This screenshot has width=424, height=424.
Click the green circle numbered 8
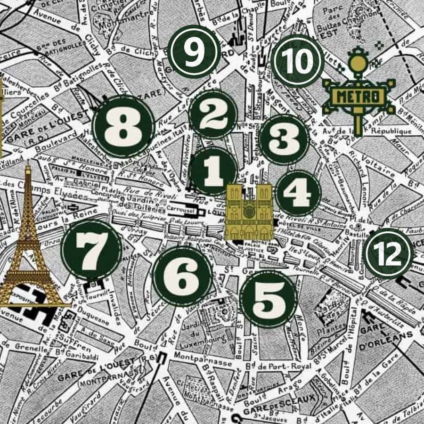coord(123,126)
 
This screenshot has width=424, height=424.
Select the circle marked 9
coord(194,52)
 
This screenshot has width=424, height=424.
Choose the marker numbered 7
coord(182,276)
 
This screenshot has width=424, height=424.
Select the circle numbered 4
coord(298,193)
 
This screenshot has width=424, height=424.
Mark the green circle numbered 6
coord(182,276)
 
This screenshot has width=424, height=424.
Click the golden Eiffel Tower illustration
coord(29,245)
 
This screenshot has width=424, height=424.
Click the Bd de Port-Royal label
coord(278,366)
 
